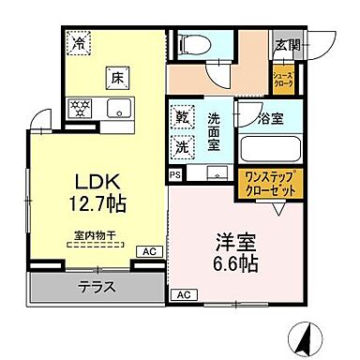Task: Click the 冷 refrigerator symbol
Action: tap(79, 42)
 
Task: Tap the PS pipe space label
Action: tap(175, 174)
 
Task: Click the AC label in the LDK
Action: tap(147, 251)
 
